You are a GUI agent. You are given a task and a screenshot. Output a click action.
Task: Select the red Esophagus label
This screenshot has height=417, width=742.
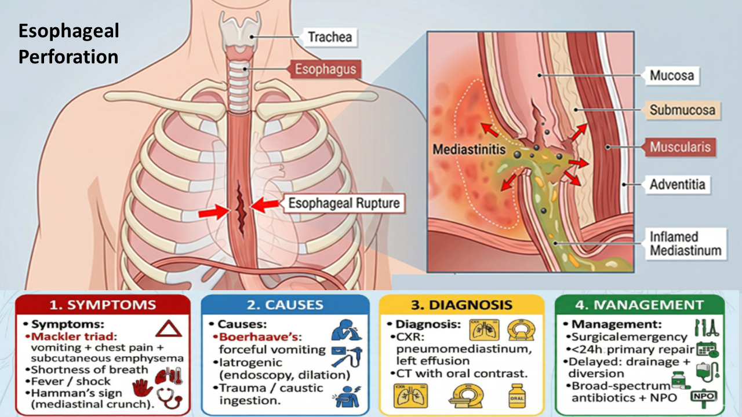pos(325,70)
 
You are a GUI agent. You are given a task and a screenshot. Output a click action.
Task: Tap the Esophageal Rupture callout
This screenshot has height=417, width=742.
pos(343,203)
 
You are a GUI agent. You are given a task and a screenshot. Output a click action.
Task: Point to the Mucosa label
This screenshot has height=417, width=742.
pos(671,75)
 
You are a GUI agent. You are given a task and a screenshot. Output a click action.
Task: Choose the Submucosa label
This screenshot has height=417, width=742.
pos(682,110)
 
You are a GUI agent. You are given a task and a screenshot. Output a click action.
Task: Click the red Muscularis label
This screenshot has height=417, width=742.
pos(680,147)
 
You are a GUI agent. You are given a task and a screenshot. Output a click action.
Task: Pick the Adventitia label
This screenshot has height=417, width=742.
pos(677,185)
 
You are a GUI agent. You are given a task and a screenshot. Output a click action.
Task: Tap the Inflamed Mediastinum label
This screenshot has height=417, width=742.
pos(685,244)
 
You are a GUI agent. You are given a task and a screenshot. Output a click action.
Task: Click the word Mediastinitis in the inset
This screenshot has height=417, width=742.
pos(469,149)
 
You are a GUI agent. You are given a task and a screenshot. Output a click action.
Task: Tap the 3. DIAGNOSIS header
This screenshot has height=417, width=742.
pos(461,305)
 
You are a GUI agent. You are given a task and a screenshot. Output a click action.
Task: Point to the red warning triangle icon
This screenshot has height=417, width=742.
pos(168,330)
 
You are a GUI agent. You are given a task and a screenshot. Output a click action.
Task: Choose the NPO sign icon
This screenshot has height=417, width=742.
pos(703,396)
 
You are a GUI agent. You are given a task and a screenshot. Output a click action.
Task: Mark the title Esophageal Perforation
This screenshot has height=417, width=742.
pos(68,44)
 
